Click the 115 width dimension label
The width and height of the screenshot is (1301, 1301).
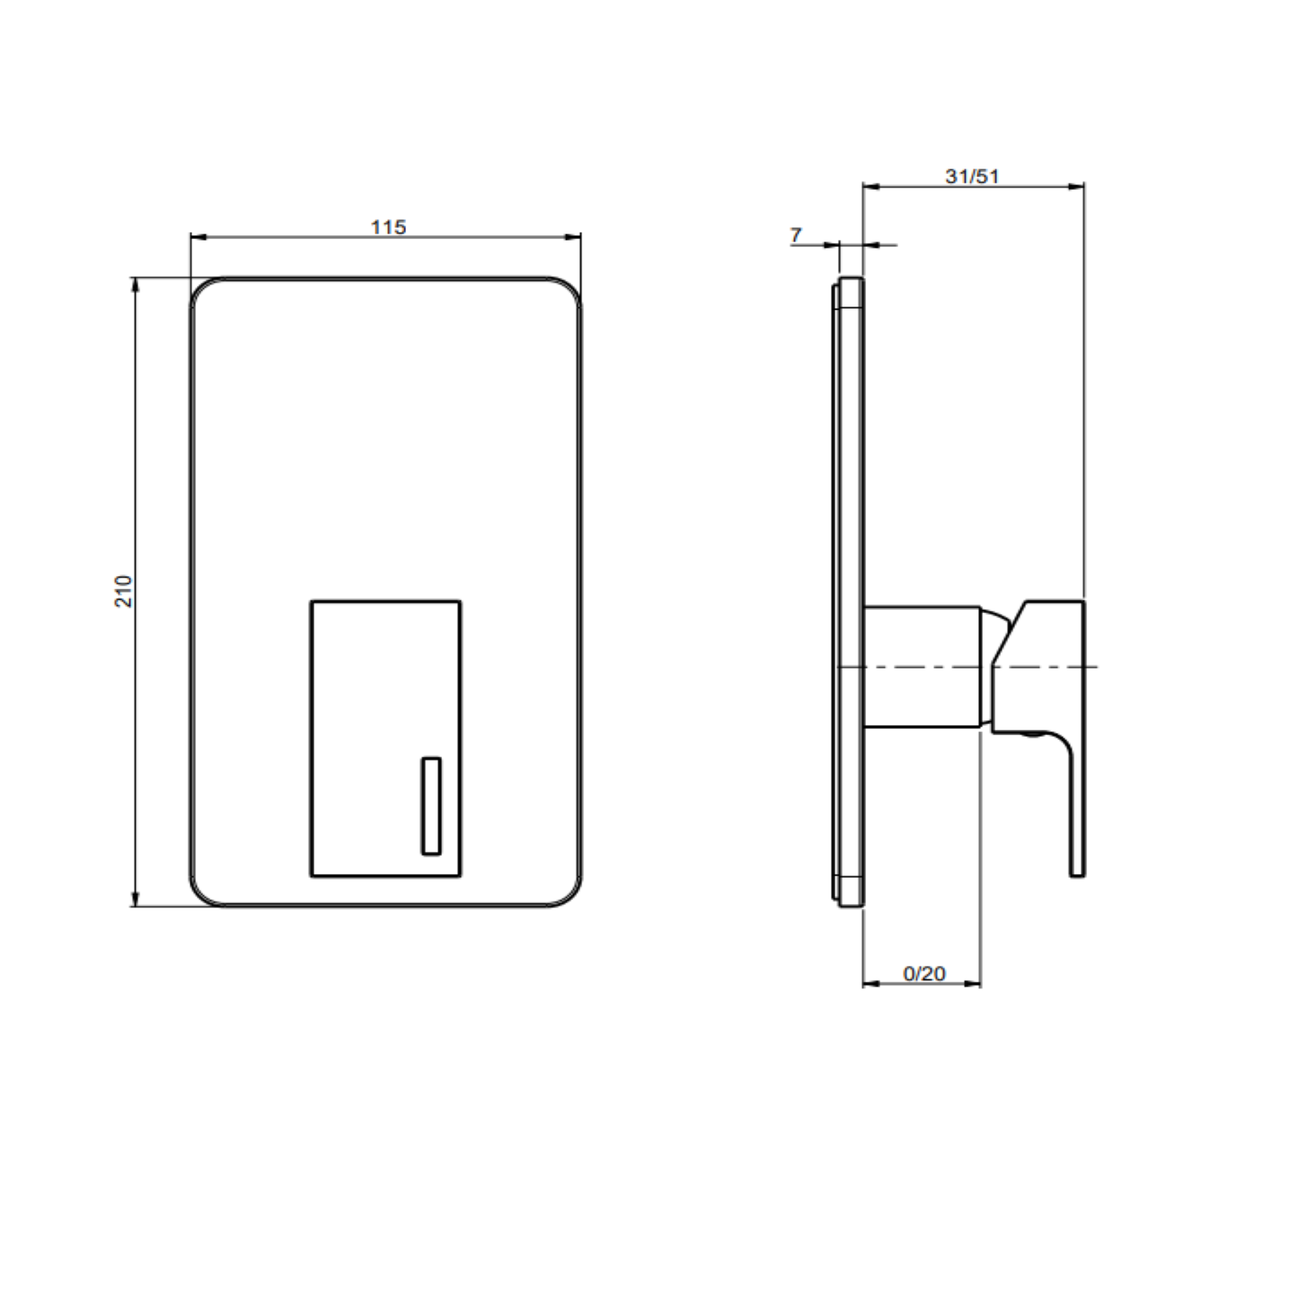point(388,227)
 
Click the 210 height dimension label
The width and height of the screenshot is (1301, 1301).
point(124,591)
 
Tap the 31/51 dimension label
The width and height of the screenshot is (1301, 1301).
point(972,176)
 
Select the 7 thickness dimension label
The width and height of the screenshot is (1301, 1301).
point(796,234)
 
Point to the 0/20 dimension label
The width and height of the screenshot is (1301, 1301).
point(924,973)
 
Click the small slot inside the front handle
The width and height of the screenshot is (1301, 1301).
point(431,806)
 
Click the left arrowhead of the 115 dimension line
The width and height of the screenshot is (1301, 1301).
point(198,237)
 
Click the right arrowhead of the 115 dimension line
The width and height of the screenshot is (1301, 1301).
point(574,237)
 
